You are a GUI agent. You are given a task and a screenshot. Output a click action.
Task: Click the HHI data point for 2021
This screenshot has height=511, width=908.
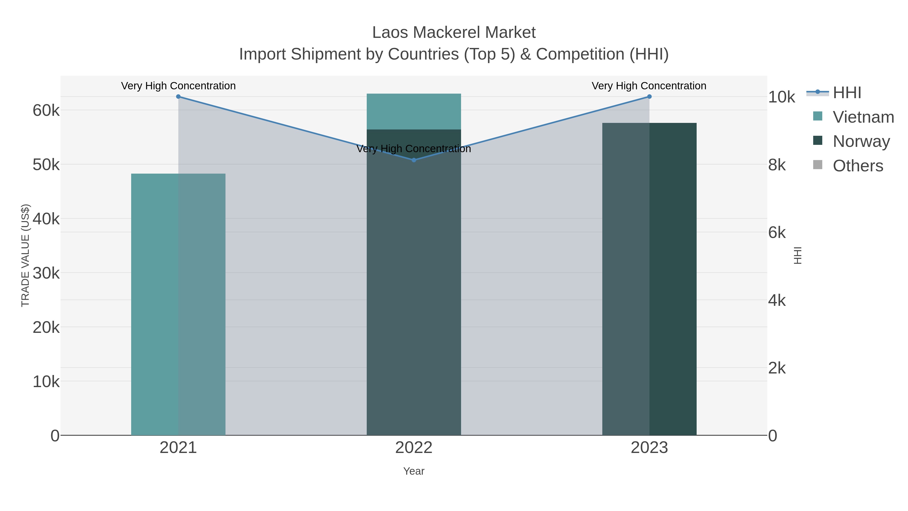tap(178, 97)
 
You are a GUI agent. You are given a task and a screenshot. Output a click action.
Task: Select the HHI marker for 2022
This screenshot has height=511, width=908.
tap(414, 160)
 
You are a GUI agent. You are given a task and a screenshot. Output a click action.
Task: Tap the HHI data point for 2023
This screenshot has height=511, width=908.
tap(649, 97)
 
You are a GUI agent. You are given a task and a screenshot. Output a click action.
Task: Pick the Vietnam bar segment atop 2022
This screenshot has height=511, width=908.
tap(414, 112)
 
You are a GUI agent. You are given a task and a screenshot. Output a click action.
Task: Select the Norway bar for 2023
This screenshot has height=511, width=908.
tap(649, 279)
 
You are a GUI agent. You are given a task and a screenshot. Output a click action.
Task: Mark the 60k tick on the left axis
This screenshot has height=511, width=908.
tap(46, 110)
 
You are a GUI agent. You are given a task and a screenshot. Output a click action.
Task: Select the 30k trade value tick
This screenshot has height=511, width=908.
tap(46, 273)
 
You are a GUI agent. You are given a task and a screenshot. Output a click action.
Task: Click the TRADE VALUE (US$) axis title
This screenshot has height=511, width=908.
tap(25, 255)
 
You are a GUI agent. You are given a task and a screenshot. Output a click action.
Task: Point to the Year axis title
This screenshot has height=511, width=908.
tap(414, 471)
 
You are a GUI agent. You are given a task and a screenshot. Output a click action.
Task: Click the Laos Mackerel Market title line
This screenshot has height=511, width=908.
tap(454, 33)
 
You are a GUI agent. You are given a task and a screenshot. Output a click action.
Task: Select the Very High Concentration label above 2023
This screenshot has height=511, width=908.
tap(649, 86)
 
